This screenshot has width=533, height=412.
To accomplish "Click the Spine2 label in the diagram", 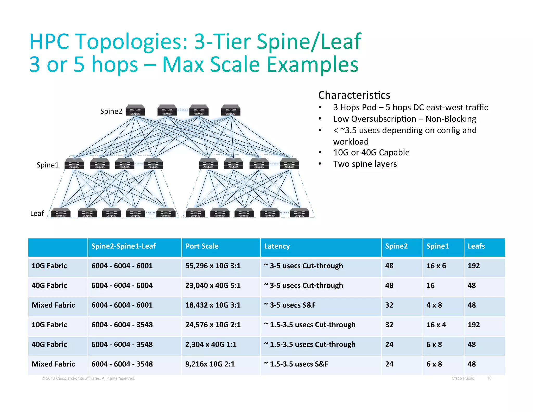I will point(111,111).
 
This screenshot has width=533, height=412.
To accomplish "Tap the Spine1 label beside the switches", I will point(48,165).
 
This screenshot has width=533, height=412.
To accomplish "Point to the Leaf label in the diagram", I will point(37,214).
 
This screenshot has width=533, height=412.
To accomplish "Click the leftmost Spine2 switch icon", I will point(135,110).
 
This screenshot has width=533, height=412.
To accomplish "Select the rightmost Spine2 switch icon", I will point(231,110).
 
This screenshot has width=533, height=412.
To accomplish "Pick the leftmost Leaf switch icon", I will point(61,213).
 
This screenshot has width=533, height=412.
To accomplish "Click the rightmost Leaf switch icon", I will point(299,213).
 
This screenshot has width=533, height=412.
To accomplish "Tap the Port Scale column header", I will point(202,246).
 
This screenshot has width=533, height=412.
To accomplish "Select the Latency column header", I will point(277,246).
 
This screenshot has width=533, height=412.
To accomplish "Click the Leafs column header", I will point(476,246).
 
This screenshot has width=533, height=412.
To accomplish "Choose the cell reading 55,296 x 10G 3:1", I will point(213,266).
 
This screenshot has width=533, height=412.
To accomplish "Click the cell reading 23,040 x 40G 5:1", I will point(213,285).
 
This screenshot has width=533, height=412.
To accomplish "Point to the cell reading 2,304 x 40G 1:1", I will point(211,344).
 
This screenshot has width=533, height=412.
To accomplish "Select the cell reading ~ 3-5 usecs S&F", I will point(290,305).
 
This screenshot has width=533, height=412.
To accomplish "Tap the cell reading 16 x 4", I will point(436,325).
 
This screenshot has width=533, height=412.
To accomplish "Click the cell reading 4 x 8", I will point(434,305).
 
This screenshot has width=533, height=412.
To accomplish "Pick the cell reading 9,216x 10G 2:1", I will point(210,364).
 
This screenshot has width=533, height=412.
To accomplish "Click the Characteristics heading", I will point(354,95).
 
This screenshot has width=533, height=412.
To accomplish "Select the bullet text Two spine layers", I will point(365,164).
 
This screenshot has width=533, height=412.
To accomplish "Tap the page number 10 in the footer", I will point(489,378).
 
